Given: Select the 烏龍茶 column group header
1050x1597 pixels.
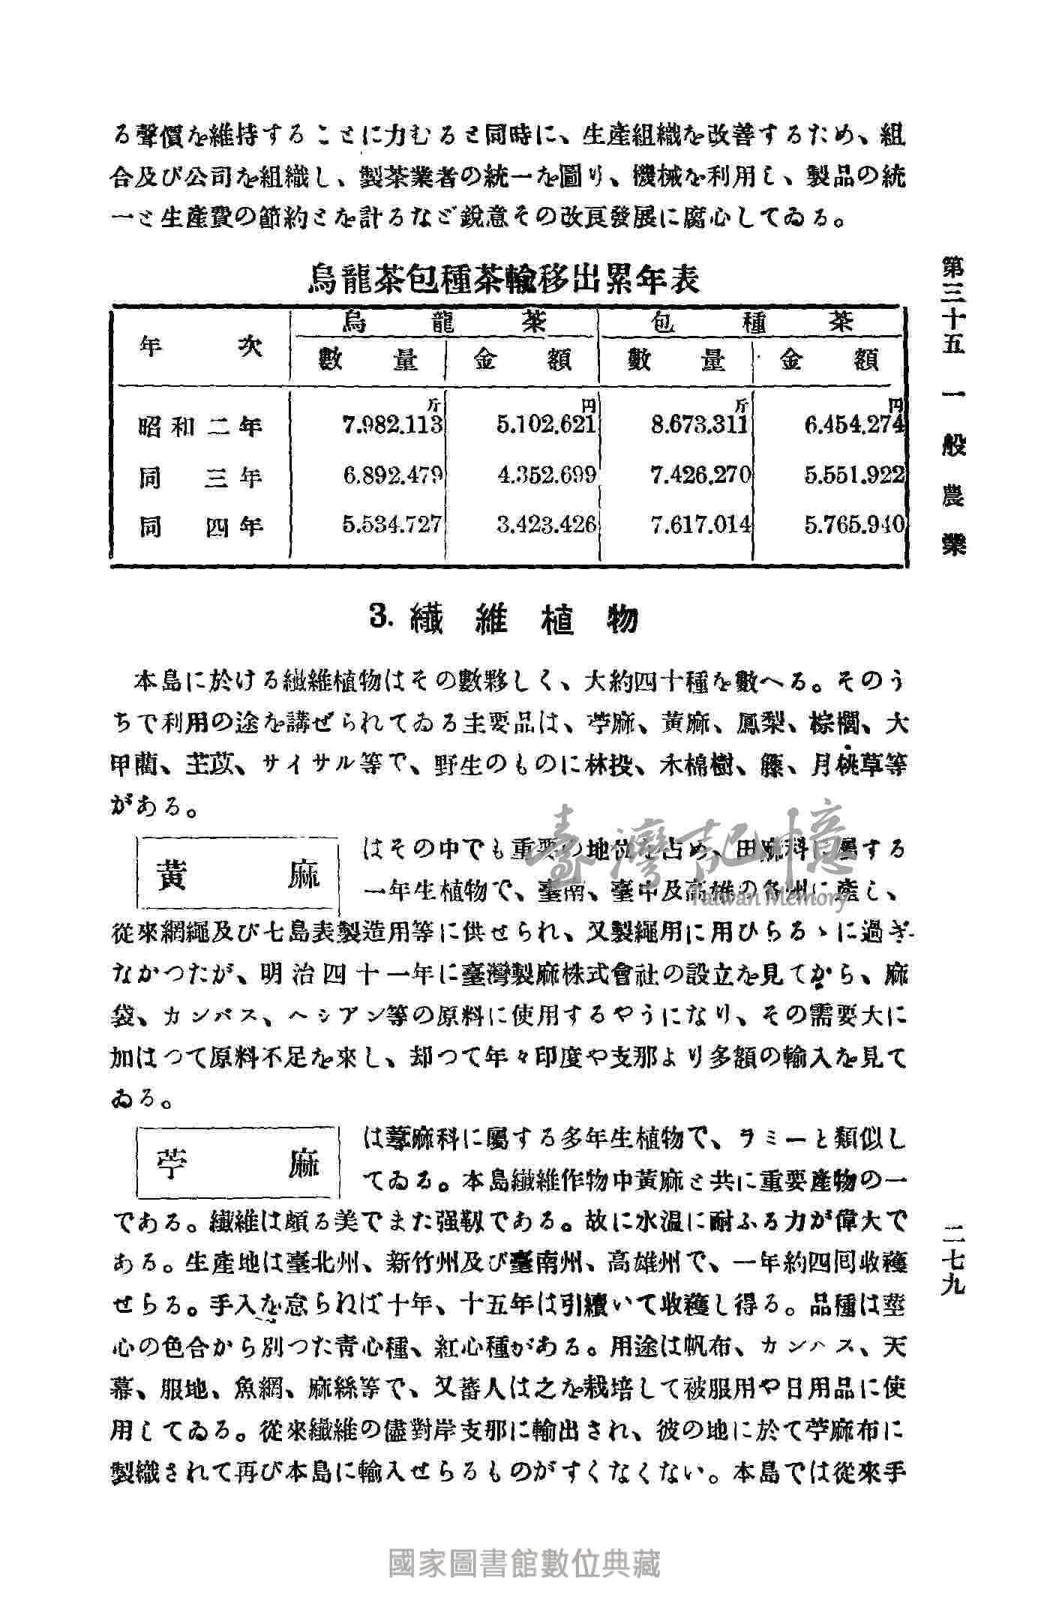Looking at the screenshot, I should point(444,323).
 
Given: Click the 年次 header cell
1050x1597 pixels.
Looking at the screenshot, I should point(201,348).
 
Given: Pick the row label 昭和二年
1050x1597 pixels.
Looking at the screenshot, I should point(201,427).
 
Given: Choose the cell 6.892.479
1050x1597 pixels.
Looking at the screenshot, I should point(393,475).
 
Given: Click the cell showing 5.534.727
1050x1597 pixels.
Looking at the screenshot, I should point(393,525).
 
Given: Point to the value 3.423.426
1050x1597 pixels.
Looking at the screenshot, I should point(547,525).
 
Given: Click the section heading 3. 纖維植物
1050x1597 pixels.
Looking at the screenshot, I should point(505,619).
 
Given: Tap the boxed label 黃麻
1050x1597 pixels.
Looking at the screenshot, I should point(238,874).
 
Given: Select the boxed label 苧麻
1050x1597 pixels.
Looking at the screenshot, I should point(238,1165).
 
